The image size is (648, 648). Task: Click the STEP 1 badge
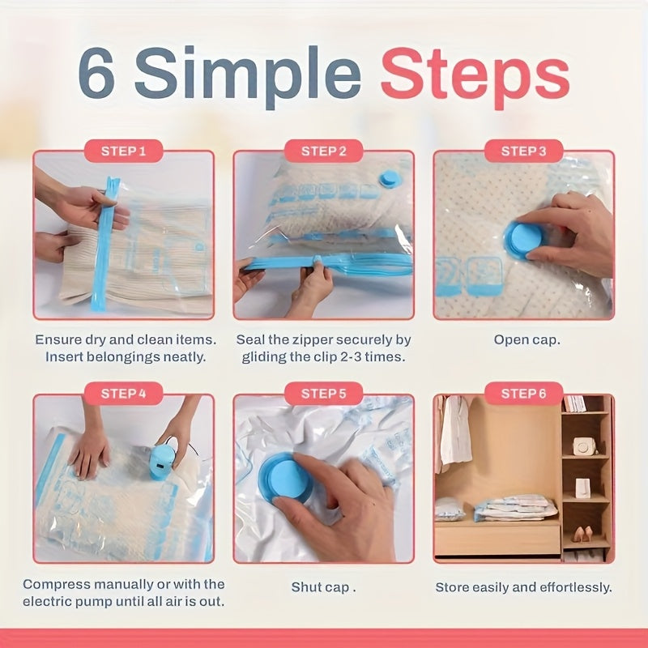[x=123, y=151]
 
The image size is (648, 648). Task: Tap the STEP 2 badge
[x=323, y=151]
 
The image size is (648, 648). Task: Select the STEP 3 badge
[x=523, y=151]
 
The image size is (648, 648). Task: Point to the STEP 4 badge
[x=123, y=394]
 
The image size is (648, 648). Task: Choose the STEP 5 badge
[x=323, y=394]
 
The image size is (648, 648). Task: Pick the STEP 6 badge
[x=523, y=394]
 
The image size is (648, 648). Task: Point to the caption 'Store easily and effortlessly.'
[x=523, y=587]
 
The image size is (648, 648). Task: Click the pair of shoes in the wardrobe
[x=582, y=535]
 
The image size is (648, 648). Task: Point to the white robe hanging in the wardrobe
[x=455, y=429]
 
